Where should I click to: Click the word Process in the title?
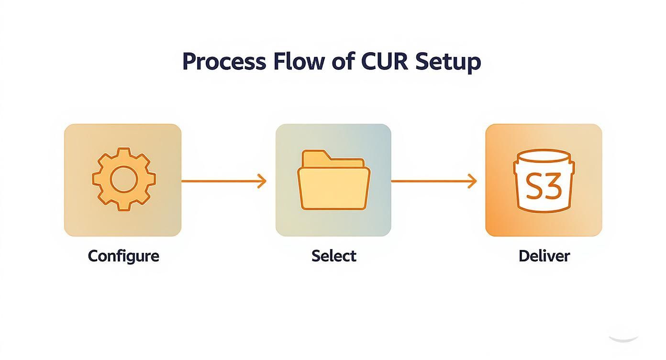223,62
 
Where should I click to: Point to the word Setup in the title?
447,62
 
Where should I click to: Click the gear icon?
123,179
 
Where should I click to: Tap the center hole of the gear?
123,179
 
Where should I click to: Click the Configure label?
123,256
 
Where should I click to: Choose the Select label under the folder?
334,256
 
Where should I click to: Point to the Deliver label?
544,256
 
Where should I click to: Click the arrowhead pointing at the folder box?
262,181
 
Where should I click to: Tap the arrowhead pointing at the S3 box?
473,181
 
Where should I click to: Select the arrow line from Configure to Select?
220,181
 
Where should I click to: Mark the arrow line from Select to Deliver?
431,181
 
